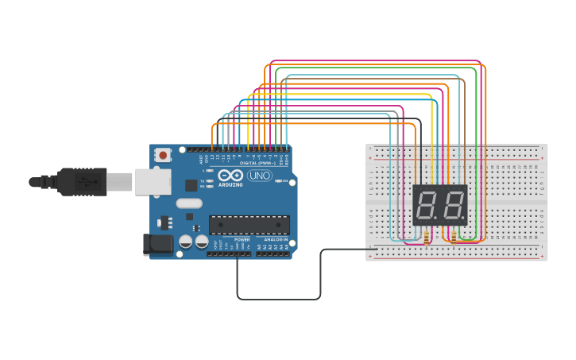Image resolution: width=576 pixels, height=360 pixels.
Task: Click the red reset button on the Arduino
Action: (x=163, y=155)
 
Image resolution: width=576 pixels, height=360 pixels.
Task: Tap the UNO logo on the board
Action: (x=259, y=176)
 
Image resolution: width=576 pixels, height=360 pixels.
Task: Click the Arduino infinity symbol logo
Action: (x=231, y=176)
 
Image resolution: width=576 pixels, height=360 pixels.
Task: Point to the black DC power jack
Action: (x=157, y=244)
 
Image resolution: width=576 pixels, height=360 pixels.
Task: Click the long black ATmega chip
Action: (x=249, y=225)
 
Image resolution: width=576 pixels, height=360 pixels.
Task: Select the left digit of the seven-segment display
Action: (x=426, y=206)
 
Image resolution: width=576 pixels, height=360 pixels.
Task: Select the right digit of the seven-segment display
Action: (x=453, y=206)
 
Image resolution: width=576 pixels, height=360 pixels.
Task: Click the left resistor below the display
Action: (x=427, y=238)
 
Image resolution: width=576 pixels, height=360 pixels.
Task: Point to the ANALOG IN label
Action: (x=275, y=239)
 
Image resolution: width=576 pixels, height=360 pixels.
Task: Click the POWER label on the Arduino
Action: (x=242, y=239)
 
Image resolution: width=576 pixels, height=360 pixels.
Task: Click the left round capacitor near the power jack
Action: (x=186, y=241)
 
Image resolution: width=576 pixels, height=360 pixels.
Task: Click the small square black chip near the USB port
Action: (x=191, y=185)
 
